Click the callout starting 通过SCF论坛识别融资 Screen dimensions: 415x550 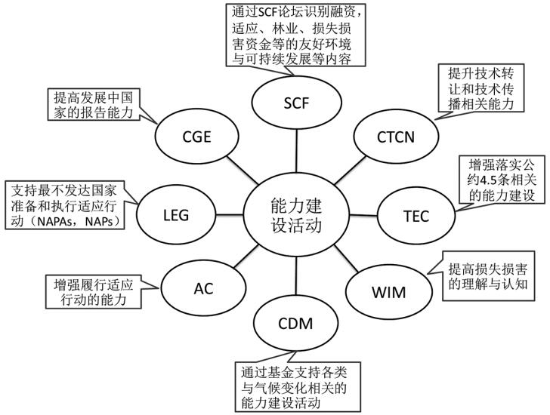(x=299, y=35)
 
